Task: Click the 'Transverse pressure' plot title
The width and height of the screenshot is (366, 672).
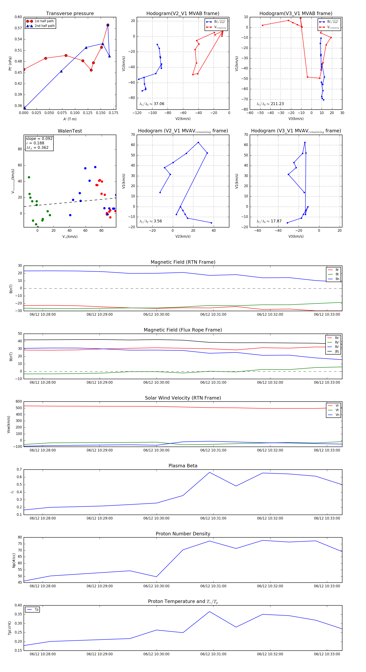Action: point(70,14)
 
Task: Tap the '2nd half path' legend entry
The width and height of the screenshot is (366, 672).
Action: point(45,26)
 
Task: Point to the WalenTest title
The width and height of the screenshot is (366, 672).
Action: point(70,131)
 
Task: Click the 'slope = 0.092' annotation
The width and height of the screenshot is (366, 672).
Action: point(39,138)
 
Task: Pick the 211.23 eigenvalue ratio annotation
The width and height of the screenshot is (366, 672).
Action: point(270,104)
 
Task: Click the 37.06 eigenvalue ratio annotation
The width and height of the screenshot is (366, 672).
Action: point(152,104)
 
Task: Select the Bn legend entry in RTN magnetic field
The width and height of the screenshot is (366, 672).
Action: point(337,279)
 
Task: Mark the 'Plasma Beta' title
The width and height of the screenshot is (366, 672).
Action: point(183,466)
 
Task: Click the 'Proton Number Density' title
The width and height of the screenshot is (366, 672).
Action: point(183,534)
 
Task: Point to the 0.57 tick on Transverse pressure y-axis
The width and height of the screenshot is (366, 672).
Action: point(18,28)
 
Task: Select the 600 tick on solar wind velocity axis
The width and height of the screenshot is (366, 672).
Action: point(19,402)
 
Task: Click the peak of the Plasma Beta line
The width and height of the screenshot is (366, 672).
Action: point(209,472)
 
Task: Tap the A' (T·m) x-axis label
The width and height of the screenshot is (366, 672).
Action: point(70,119)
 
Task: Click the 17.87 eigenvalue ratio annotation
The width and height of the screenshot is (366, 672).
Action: point(269,221)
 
